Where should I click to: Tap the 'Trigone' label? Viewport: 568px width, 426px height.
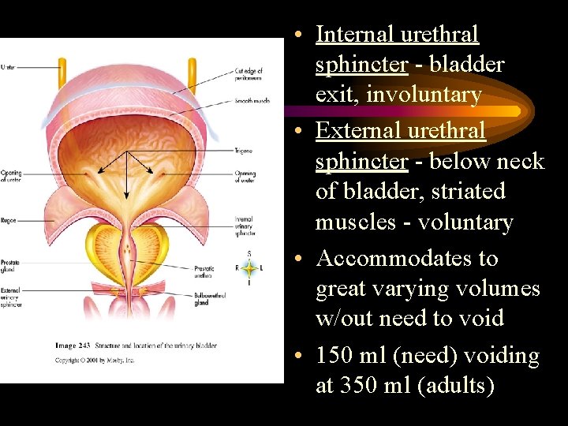tap(242, 150)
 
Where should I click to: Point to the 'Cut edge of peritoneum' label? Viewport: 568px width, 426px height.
tap(248, 75)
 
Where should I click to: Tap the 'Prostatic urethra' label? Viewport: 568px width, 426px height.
tap(204, 272)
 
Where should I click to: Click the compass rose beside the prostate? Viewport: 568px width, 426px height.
tap(249, 268)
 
